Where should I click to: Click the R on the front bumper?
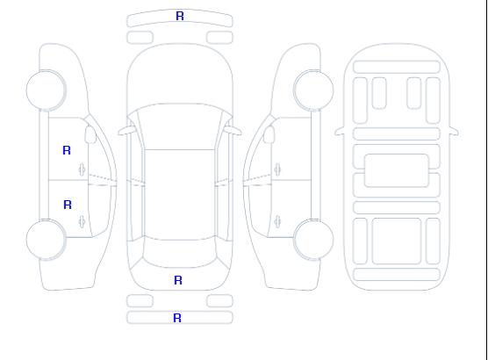(x=180, y=16)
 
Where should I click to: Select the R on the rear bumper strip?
(x=177, y=318)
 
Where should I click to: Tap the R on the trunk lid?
(x=178, y=280)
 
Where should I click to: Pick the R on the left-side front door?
(x=67, y=150)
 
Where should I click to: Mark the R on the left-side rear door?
(x=68, y=205)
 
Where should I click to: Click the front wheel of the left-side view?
(x=46, y=90)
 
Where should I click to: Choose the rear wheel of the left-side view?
(x=46, y=240)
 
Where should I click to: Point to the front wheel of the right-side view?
(x=313, y=90)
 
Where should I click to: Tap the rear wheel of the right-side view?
(x=313, y=240)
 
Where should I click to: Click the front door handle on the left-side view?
(x=82, y=169)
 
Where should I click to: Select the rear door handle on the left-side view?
(x=82, y=221)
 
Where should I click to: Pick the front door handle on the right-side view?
(x=277, y=169)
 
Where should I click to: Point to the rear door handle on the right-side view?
(x=277, y=221)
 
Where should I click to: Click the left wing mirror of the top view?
(x=126, y=131)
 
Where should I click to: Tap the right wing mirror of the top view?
(x=233, y=131)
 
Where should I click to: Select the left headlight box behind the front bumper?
(x=140, y=38)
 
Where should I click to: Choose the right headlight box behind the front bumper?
(x=219, y=38)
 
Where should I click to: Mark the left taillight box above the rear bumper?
(x=140, y=301)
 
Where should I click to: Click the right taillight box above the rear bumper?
(x=219, y=301)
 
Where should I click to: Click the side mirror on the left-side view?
(x=90, y=134)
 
